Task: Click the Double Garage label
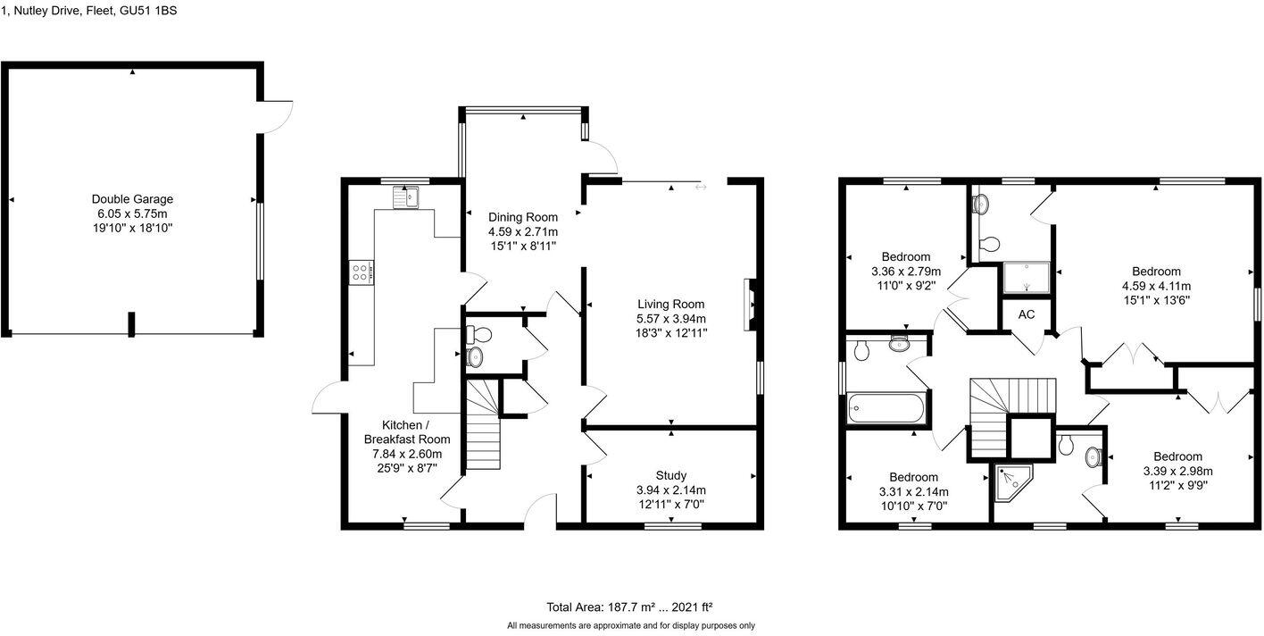click(x=132, y=199)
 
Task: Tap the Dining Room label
click(x=522, y=217)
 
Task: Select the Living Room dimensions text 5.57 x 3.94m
click(x=670, y=319)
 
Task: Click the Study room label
click(x=670, y=475)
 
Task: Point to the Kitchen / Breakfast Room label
click(x=406, y=431)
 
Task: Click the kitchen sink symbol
click(x=405, y=197)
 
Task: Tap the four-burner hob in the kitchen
click(x=362, y=272)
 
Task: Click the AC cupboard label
click(x=1026, y=314)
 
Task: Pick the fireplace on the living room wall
click(x=750, y=305)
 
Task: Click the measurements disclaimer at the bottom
click(x=630, y=626)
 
